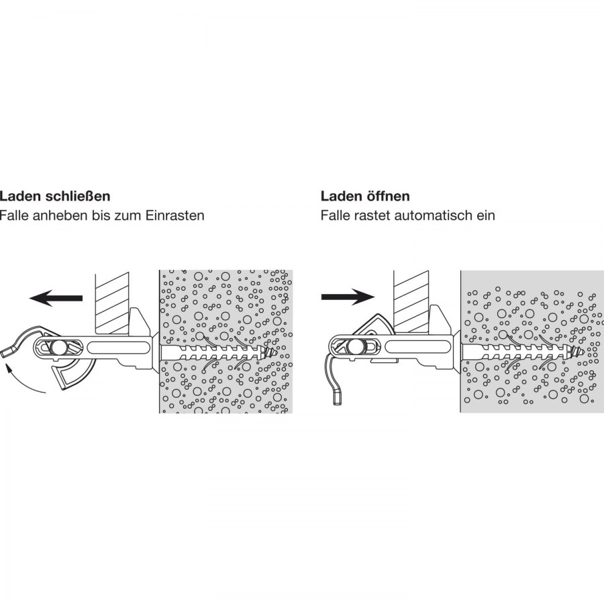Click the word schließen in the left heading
(78, 196)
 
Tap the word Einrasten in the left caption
(174, 215)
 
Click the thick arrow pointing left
(56, 298)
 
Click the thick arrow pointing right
(348, 297)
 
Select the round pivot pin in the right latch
(354, 348)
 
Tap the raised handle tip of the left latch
(7, 352)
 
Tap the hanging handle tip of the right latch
(338, 397)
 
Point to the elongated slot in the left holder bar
(119, 348)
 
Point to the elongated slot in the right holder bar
(418, 348)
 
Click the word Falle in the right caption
(335, 215)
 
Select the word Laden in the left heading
(20, 196)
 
